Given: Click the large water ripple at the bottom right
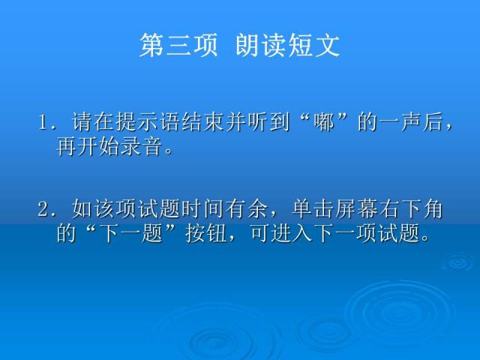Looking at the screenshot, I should [x=390, y=315].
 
